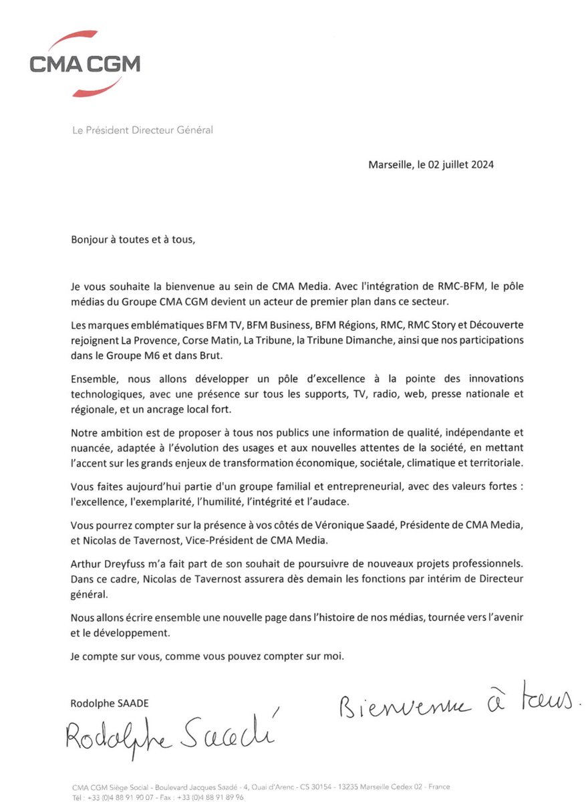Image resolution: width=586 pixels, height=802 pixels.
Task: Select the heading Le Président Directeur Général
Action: click(142, 130)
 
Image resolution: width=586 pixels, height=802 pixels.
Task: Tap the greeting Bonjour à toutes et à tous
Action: click(134, 239)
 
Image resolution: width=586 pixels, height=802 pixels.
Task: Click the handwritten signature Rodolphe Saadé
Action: click(170, 736)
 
